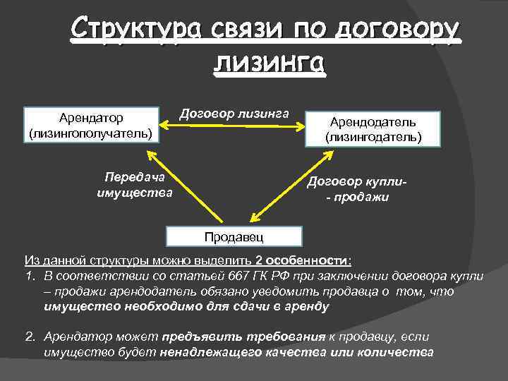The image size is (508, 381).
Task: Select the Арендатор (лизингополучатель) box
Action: point(90,123)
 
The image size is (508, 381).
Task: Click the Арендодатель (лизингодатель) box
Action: point(373,129)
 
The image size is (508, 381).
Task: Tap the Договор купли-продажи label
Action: point(357,189)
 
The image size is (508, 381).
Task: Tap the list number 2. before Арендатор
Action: point(30,337)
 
